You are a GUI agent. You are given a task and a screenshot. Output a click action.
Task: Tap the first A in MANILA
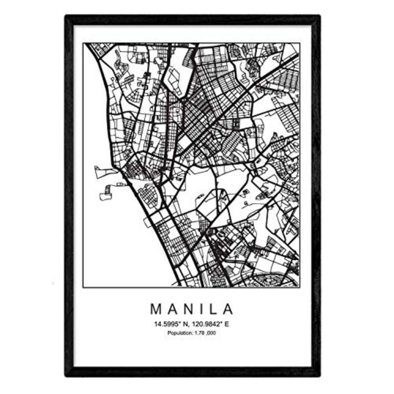[173, 309]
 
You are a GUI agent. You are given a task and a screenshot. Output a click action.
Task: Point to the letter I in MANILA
[204, 309]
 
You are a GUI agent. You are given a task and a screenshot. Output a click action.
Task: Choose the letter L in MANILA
[215, 309]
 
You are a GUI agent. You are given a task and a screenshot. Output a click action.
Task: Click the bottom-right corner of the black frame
[319, 375]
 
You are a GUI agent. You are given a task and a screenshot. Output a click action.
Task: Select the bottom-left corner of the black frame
[66, 375]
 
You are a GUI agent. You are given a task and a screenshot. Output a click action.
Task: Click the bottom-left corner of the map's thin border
[84, 287]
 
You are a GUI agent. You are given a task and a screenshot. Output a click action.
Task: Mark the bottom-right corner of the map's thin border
[299, 287]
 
